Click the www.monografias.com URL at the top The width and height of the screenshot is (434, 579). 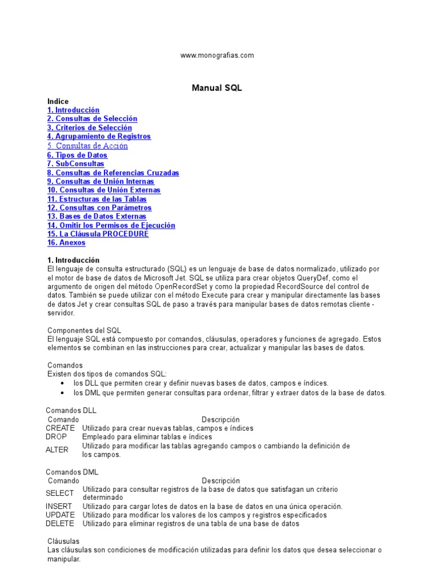tap(217, 55)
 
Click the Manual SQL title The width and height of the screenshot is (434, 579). tap(217, 88)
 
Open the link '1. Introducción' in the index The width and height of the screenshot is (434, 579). tap(73, 110)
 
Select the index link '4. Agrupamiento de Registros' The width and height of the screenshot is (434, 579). tap(99, 137)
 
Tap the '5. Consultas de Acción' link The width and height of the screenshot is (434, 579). tap(88, 146)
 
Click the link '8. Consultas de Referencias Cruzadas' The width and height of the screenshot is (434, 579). tap(113, 173)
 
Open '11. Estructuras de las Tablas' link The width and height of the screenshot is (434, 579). tap(97, 199)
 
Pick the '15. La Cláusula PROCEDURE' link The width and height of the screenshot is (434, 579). tap(98, 234)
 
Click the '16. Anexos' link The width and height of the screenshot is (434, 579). tap(67, 243)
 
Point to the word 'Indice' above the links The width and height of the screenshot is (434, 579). tap(58, 102)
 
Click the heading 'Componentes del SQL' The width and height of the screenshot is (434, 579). tap(84, 330)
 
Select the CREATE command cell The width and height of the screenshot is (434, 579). tap(60, 429)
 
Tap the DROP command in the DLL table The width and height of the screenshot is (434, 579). tap(57, 437)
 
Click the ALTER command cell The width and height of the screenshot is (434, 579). tap(57, 450)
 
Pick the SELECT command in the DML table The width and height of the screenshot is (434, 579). tap(60, 493)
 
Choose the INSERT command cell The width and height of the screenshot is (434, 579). tap(59, 507)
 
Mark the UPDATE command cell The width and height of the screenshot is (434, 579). tap(60, 515)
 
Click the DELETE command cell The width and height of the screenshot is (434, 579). tap(60, 524)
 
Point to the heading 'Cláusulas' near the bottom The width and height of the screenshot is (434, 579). tap(64, 542)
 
